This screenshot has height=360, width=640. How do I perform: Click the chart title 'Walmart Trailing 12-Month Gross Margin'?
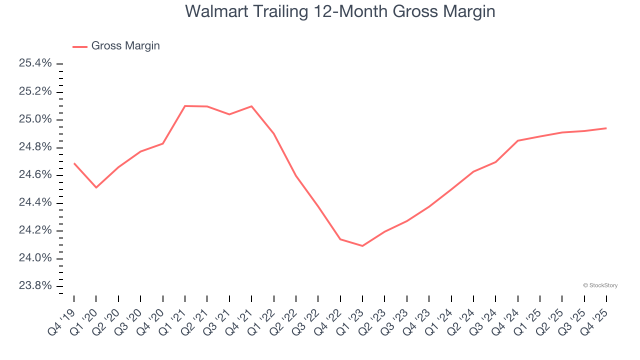340,11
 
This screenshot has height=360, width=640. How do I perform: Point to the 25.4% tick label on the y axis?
35,63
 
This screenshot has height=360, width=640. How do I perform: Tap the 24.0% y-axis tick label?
35,258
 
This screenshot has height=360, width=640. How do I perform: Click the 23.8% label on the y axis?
35,286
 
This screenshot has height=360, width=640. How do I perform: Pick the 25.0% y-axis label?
35,119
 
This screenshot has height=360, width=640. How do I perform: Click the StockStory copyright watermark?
600,285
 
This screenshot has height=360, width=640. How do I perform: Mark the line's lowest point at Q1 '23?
362,246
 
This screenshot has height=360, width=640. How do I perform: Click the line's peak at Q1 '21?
185,106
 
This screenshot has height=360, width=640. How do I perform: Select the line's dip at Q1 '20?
96,187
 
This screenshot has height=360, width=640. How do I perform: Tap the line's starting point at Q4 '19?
74,163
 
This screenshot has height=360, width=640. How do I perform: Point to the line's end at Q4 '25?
606,128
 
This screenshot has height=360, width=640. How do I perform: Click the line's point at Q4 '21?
251,106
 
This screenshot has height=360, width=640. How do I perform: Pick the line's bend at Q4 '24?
517,140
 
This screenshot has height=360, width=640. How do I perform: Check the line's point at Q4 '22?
340,239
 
